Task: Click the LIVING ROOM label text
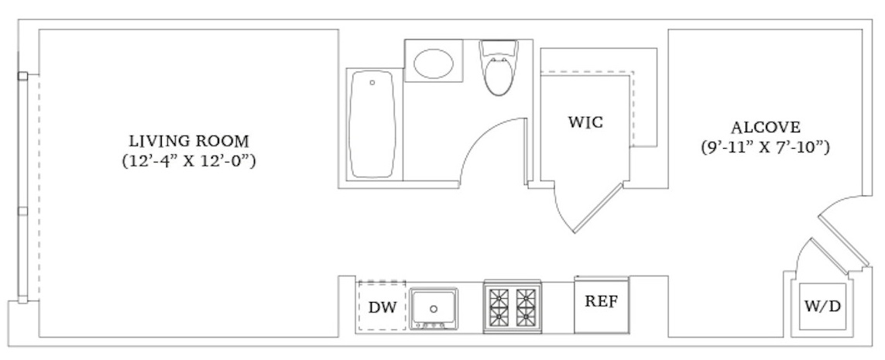tap(189, 142)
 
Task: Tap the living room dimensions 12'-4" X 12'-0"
tap(189, 162)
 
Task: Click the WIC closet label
tap(585, 122)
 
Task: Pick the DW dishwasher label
tap(382, 307)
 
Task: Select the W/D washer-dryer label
tap(822, 307)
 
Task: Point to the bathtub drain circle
tap(372, 82)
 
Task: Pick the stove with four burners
tap(511, 307)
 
